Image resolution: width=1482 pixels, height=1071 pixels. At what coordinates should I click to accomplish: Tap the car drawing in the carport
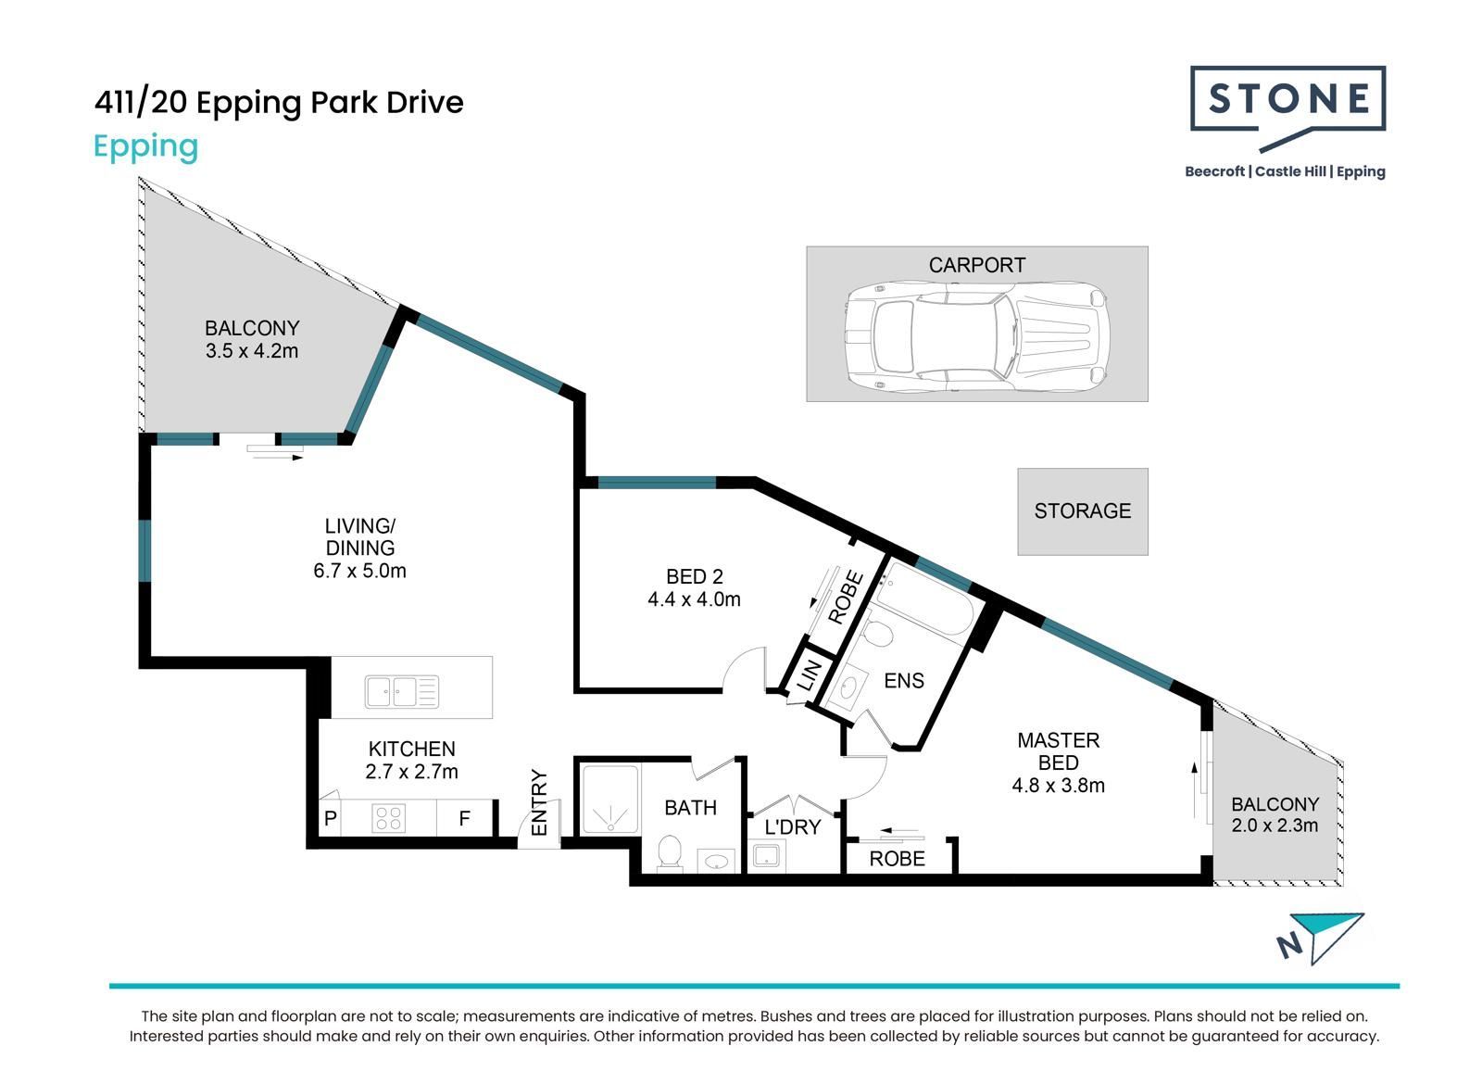(976, 337)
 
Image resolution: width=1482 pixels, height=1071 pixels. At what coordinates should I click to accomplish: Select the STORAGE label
(1083, 511)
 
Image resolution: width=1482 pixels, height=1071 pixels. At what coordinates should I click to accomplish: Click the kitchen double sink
(402, 692)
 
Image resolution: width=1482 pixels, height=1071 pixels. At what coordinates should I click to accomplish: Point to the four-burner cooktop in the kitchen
(388, 818)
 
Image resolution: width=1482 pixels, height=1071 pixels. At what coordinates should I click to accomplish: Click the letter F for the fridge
(464, 819)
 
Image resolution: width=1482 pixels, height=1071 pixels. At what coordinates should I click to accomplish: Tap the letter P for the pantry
(331, 819)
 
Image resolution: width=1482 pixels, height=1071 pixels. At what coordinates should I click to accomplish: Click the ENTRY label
(539, 802)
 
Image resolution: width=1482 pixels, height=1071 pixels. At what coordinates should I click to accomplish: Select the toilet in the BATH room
(670, 852)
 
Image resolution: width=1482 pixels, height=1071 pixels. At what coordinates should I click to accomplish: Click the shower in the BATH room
(610, 799)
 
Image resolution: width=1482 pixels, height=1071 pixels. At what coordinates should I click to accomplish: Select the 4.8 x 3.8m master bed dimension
(1058, 786)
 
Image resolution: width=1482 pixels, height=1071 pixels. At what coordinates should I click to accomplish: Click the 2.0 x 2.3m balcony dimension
(1275, 825)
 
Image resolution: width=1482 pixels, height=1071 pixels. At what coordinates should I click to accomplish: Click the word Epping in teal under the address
(145, 147)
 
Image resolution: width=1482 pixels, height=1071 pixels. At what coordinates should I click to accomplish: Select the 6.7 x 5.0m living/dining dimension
(360, 571)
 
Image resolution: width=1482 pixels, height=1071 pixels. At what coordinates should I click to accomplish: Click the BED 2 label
(694, 576)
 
